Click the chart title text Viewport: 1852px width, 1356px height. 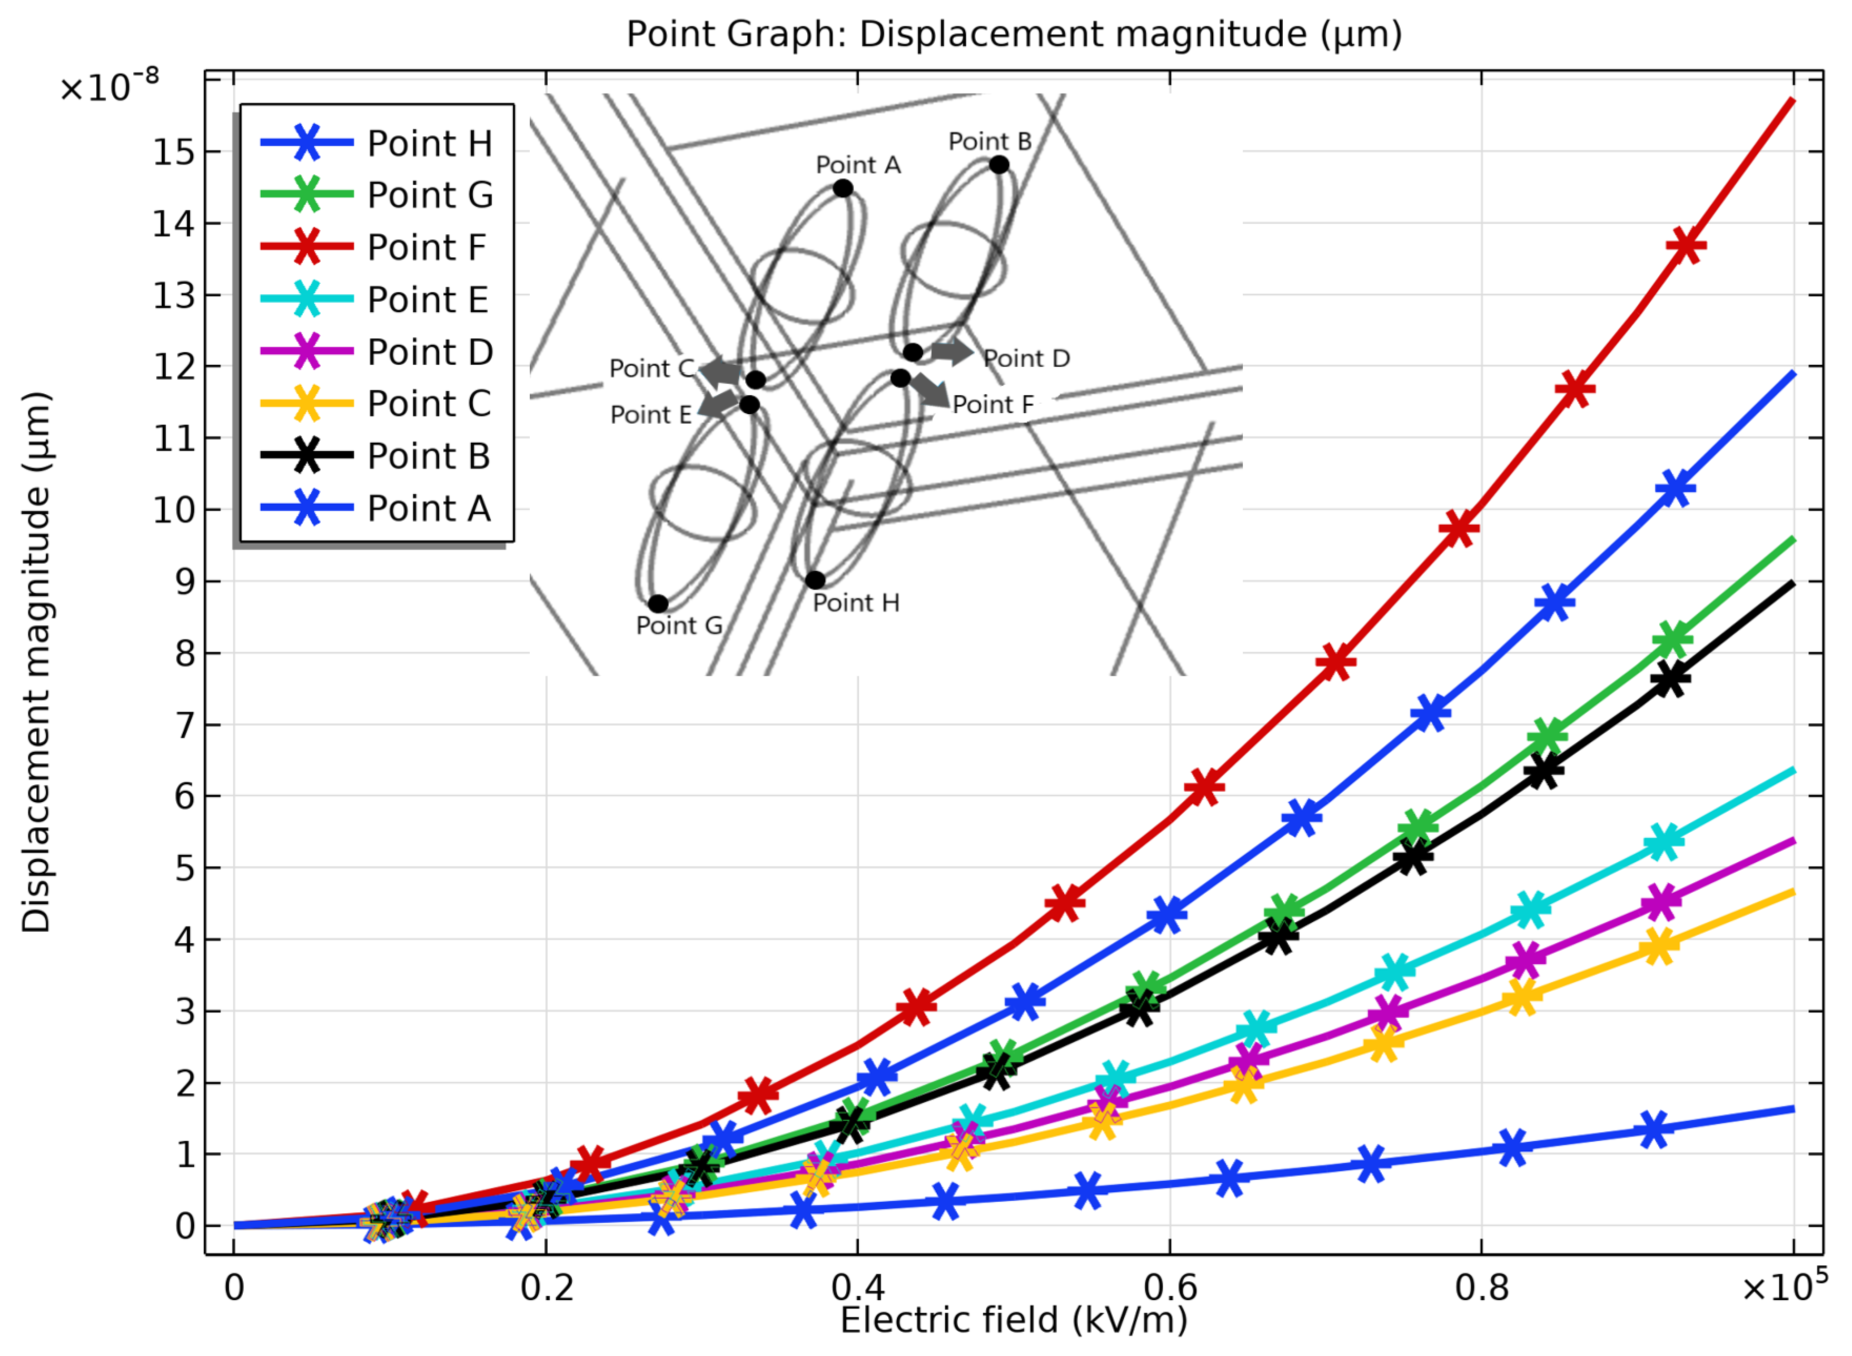(x=1014, y=34)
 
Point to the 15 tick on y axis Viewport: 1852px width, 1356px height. (x=174, y=153)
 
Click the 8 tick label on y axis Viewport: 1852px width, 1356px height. (x=185, y=654)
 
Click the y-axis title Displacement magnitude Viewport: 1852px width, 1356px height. (x=36, y=662)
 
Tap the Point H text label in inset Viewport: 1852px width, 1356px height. (x=856, y=603)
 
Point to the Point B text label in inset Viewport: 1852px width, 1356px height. (x=989, y=141)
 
